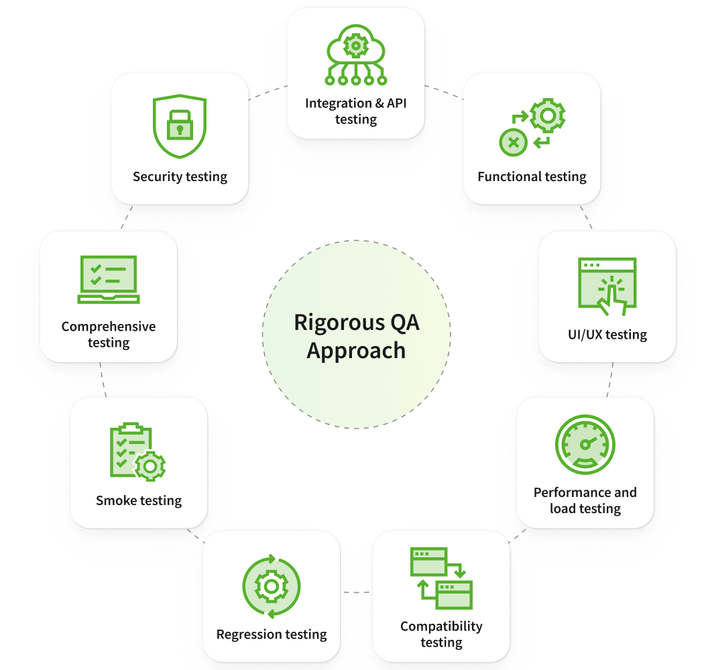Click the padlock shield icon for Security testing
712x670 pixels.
click(180, 126)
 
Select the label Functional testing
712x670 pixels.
click(532, 177)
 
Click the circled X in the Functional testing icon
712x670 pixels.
click(514, 142)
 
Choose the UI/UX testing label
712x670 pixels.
click(607, 335)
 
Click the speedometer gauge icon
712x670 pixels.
click(585, 445)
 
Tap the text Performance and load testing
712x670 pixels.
click(585, 500)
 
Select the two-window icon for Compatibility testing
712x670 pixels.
click(441, 577)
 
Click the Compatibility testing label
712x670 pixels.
click(441, 634)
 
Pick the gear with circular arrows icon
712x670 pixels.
click(272, 586)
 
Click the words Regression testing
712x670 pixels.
click(272, 634)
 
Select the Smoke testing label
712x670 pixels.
click(139, 501)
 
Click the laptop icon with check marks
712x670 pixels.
click(109, 279)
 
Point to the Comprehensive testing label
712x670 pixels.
click(109, 335)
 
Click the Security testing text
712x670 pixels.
click(180, 177)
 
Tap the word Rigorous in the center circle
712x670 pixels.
click(330, 323)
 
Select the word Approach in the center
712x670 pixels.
click(356, 351)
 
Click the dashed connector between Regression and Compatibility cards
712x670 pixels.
click(356, 592)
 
